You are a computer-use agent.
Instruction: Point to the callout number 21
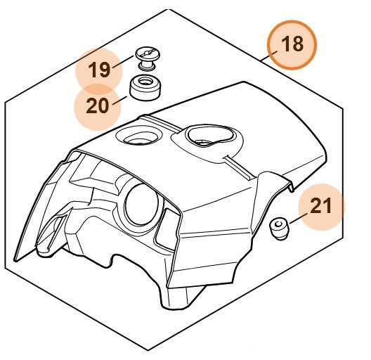tap(321, 207)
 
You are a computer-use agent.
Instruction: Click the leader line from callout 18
tap(264, 60)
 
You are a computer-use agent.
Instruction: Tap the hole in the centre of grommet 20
tap(144, 84)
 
